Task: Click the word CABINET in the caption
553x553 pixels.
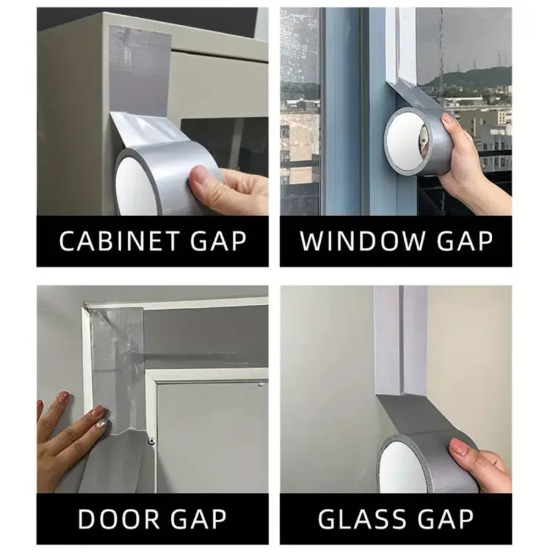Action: (x=119, y=241)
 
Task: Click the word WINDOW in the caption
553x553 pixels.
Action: (x=363, y=241)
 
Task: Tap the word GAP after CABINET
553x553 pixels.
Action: (x=218, y=241)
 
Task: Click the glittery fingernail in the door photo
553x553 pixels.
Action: (x=101, y=423)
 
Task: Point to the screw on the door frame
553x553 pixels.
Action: (x=152, y=441)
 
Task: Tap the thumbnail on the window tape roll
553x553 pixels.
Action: (x=449, y=119)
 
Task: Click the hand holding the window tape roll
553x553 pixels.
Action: (x=469, y=159)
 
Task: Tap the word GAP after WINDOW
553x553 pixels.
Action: (x=465, y=241)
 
